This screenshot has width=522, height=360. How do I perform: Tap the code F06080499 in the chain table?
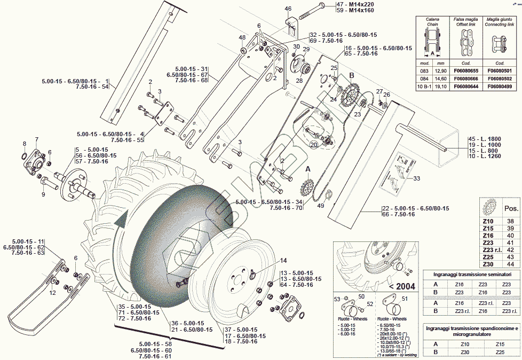[500, 86]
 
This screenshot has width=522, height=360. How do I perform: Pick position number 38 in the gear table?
[510, 221]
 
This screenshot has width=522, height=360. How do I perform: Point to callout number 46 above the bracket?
[288, 9]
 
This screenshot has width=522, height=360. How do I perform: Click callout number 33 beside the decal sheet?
[417, 178]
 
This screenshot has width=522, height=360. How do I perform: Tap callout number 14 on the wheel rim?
[283, 261]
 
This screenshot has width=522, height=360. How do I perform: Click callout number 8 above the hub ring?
[24, 144]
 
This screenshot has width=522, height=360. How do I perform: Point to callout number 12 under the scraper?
[52, 293]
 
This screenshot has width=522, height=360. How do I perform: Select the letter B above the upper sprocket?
[351, 76]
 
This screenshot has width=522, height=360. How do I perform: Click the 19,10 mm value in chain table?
[441, 86]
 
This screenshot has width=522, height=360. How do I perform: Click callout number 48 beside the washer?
[242, 37]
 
